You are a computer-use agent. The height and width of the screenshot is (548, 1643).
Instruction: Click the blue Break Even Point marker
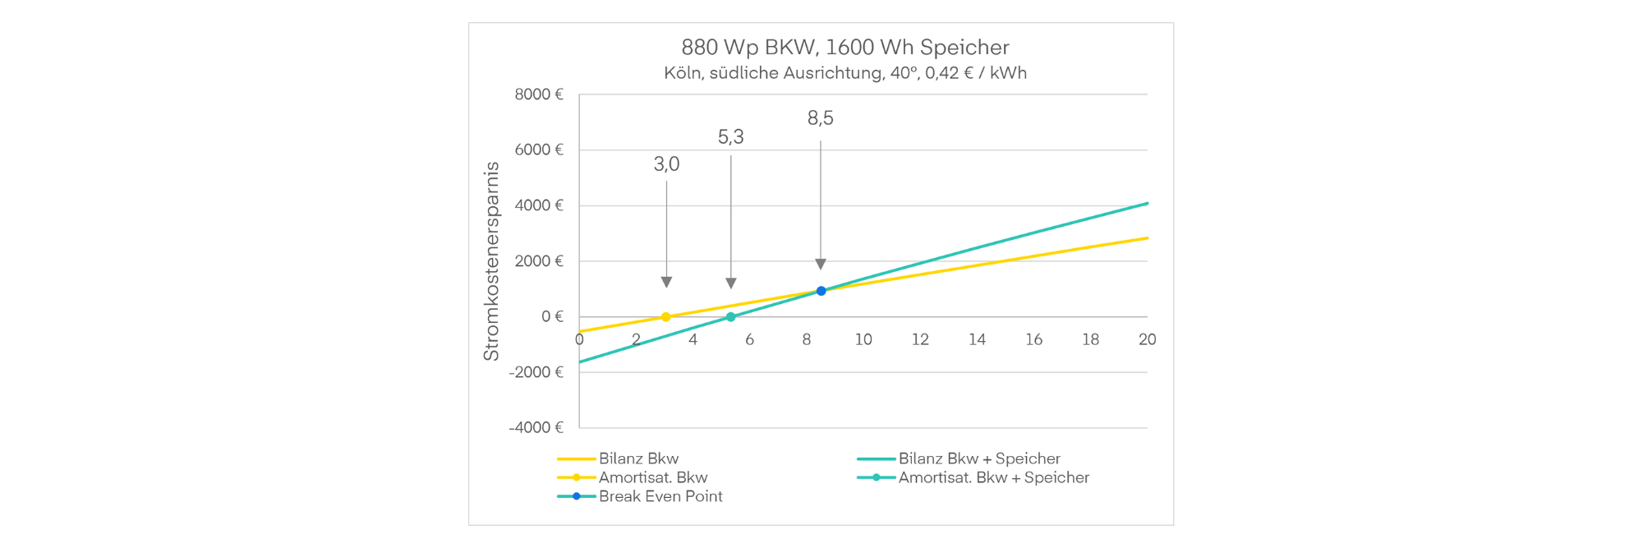click(821, 291)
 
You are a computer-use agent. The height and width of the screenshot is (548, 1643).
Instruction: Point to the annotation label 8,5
click(820, 118)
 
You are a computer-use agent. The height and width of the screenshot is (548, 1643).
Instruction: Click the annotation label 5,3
click(730, 137)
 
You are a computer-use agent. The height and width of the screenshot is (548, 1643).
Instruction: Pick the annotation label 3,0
click(666, 164)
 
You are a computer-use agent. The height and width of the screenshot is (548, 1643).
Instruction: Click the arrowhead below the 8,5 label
click(821, 264)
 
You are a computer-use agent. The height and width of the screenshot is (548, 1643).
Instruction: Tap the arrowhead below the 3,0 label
click(666, 283)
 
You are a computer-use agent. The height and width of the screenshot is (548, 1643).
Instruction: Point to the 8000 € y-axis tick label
click(539, 94)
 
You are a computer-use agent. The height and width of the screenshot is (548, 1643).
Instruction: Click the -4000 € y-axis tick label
click(536, 427)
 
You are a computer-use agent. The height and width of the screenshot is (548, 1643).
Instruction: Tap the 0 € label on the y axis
click(552, 316)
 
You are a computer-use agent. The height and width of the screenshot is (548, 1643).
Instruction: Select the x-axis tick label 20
click(1147, 339)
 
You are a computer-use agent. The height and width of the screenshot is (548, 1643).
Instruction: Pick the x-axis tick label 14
click(977, 339)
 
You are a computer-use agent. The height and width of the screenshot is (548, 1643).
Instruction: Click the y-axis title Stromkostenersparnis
click(491, 261)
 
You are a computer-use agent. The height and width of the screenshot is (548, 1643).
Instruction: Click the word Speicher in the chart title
click(964, 48)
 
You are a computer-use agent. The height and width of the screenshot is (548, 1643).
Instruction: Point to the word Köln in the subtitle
click(683, 73)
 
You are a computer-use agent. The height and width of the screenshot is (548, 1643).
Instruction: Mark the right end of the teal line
click(1148, 203)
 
